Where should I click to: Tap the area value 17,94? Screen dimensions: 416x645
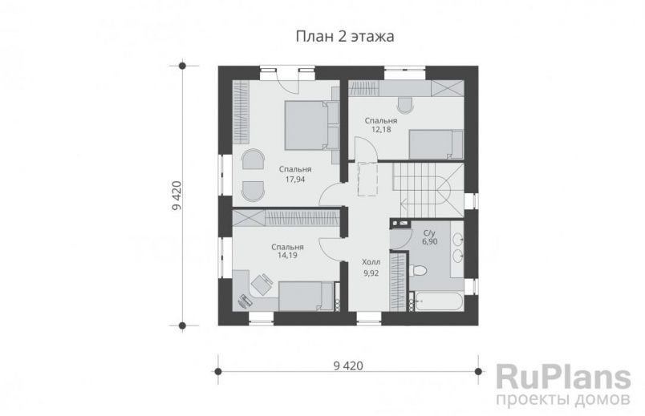[296, 180]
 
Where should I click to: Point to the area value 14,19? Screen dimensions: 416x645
[286, 257]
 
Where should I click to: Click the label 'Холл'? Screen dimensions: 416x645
[371, 262]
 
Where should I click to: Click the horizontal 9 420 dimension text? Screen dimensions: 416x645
[347, 366]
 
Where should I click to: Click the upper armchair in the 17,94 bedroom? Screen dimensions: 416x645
[252, 160]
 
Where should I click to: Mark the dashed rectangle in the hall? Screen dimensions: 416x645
[368, 178]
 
